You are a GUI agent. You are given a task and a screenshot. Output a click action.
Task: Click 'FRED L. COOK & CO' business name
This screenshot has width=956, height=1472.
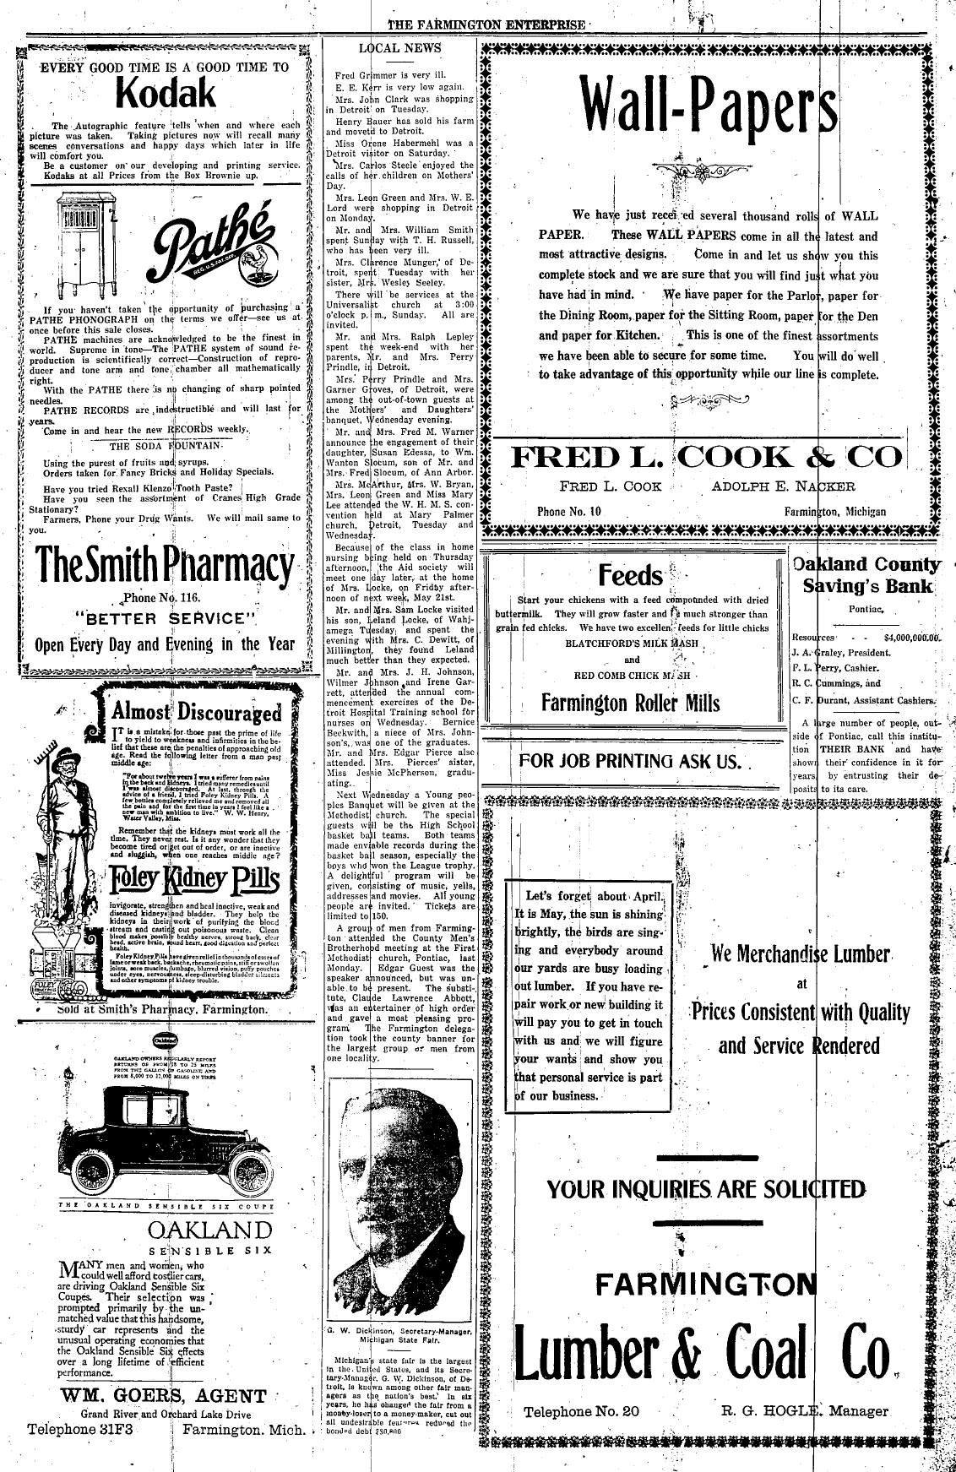click(x=706, y=457)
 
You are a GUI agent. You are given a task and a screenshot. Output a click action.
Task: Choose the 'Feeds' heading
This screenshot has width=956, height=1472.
click(x=630, y=576)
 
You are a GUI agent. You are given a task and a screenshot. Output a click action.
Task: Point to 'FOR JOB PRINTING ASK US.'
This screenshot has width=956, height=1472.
click(x=631, y=761)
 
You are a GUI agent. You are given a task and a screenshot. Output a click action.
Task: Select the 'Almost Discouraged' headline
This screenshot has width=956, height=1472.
click(x=196, y=710)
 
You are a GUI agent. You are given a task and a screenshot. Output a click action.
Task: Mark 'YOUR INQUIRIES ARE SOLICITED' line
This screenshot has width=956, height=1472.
click(x=706, y=1190)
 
